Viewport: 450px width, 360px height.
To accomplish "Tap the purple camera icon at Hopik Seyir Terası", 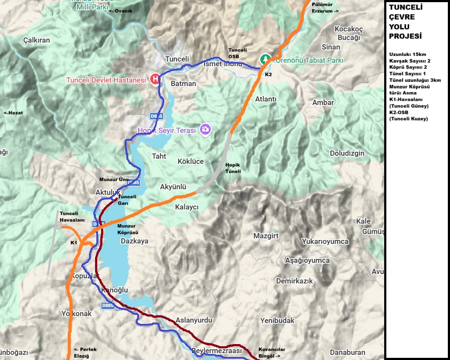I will tap(205, 129).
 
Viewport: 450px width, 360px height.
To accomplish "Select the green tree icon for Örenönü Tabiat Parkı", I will tap(266, 58).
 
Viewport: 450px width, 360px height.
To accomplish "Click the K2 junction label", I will tap(268, 74).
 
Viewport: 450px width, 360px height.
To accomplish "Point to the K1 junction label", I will tap(74, 243).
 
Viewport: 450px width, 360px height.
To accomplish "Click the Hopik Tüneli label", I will tap(233, 168).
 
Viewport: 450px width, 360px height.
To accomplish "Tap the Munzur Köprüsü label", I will tap(126, 229).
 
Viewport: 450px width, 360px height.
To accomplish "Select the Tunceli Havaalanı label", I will tap(69, 216).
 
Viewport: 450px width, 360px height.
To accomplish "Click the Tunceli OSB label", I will tap(237, 53).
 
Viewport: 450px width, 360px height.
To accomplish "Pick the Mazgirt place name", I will tap(266, 236).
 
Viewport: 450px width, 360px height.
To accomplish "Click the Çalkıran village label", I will tap(37, 40).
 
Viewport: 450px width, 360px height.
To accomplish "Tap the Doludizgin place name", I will tap(347, 153).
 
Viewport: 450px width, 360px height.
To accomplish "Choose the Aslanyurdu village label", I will tap(194, 320).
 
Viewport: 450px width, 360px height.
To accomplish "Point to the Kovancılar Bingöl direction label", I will tap(271, 353).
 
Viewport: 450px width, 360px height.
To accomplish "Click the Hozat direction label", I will tap(13, 113).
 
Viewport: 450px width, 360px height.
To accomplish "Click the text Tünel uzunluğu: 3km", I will tap(415, 80).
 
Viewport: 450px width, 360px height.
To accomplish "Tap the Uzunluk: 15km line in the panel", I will tap(407, 54).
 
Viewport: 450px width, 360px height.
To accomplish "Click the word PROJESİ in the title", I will tap(405, 36).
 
